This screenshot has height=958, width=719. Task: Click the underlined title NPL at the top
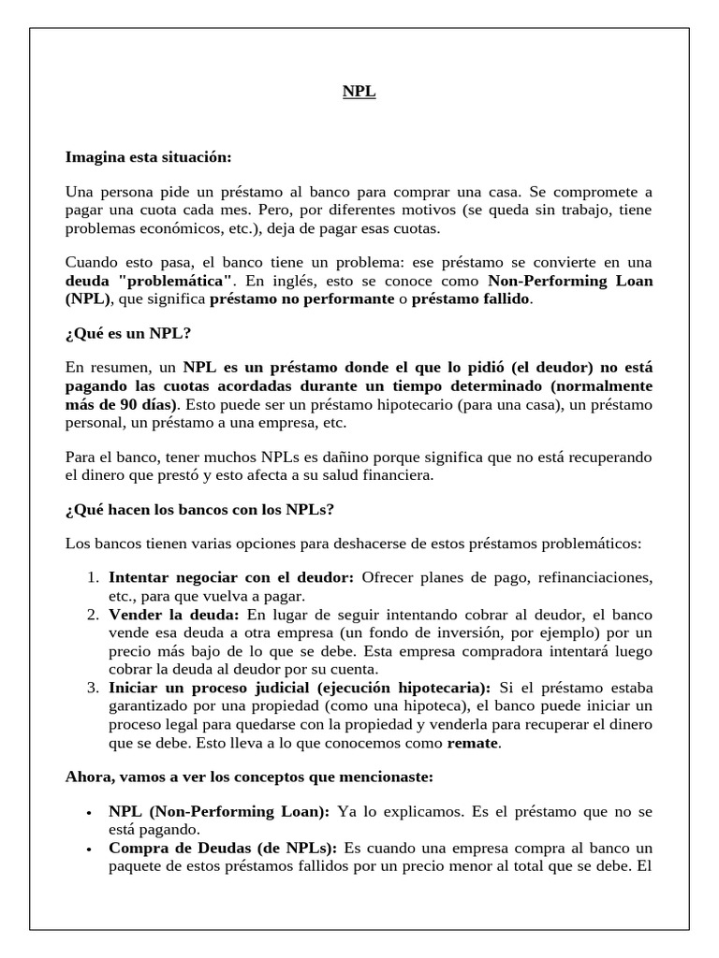pos(359,93)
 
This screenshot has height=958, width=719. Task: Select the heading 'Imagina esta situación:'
pos(148,156)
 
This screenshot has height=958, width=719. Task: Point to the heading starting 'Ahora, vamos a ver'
pos(248,777)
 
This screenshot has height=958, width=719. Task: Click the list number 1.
pos(93,578)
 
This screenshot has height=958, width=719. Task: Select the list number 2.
pos(93,615)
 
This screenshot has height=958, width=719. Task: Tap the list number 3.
pos(93,687)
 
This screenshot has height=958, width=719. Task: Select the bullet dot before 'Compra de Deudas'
pos(88,850)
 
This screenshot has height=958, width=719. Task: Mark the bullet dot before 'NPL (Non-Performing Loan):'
pos(88,814)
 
